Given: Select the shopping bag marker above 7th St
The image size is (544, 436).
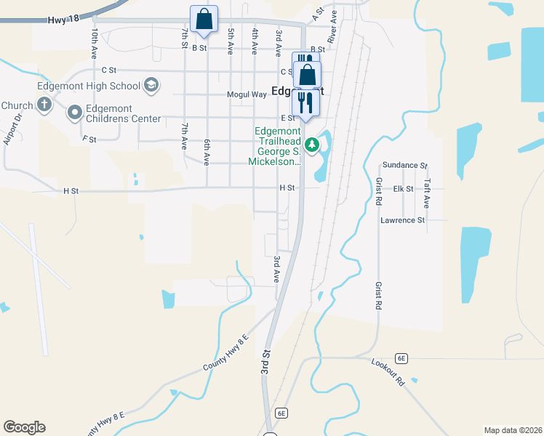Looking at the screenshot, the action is tap(204, 20).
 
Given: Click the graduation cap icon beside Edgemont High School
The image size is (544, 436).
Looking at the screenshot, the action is tap(151, 86).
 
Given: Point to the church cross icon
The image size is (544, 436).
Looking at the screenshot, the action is tap(44, 105).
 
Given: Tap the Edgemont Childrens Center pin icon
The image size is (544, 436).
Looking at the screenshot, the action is tap(75, 113).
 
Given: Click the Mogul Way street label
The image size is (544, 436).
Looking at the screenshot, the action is tap(247, 94).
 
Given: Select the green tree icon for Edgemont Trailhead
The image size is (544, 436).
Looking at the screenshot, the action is tap(312, 145).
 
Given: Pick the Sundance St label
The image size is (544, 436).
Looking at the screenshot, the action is tap(405, 166).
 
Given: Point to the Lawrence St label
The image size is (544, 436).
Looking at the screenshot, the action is tap(402, 219).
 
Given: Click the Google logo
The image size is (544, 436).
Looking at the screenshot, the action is tap(24, 427).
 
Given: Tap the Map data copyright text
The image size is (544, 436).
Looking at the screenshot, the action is tap(513, 430).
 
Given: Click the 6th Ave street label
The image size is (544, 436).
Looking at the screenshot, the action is tap(207, 152).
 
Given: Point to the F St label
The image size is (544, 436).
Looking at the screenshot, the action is tap(89, 138).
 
